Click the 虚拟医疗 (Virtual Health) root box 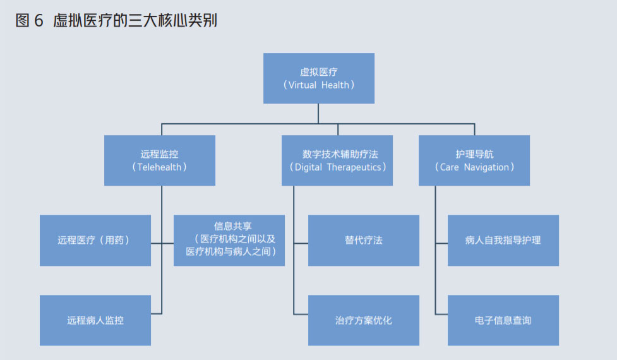pyautogui.click(x=318, y=78)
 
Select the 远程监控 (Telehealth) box pyautogui.click(x=159, y=160)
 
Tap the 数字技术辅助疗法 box pyautogui.click(x=337, y=160)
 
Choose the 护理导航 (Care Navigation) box pyautogui.click(x=474, y=160)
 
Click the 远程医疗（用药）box pyautogui.click(x=95, y=240)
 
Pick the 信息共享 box pyautogui.click(x=229, y=240)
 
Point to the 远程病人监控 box pyautogui.click(x=95, y=320)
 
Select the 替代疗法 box pyautogui.click(x=363, y=240)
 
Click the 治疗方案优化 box pyautogui.click(x=363, y=320)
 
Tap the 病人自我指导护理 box pyautogui.click(x=503, y=240)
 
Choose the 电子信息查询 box pyautogui.click(x=503, y=320)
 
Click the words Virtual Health pyautogui.click(x=318, y=85)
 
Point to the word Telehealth pyautogui.click(x=159, y=167)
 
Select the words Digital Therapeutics pyautogui.click(x=337, y=167)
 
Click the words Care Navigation pyautogui.click(x=474, y=167)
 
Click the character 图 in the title pyautogui.click(x=22, y=21)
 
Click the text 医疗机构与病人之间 pyautogui.click(x=231, y=251)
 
